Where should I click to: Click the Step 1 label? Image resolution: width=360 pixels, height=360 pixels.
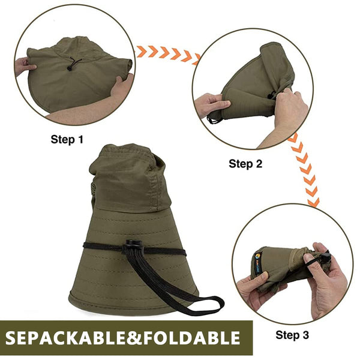point(67,139)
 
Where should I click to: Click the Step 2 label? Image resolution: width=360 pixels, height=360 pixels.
point(245,164)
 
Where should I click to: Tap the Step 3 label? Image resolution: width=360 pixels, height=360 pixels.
point(292,335)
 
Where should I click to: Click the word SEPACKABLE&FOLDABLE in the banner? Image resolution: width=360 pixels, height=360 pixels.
point(122,338)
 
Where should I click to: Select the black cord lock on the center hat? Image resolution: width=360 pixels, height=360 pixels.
point(133,247)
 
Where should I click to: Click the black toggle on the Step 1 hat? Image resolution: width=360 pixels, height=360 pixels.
point(69,68)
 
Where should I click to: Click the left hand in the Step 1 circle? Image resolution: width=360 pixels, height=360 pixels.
point(25,66)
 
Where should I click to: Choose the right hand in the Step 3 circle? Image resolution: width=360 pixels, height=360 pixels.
point(326,280)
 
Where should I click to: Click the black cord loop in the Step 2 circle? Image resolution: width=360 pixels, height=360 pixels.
point(213,119)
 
